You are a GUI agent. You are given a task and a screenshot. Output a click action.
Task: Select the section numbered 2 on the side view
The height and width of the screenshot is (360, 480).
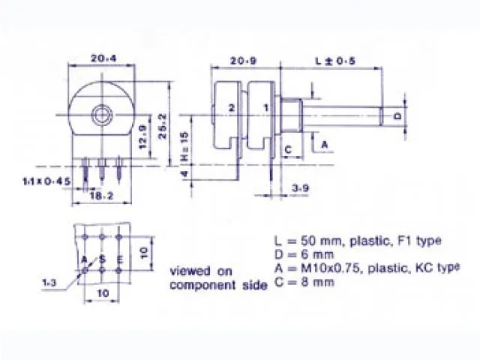(231, 108)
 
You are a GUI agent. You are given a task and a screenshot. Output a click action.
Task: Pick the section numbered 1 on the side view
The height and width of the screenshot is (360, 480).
(265, 108)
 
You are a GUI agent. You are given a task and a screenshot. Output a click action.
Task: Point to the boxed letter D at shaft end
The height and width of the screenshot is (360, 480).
(397, 116)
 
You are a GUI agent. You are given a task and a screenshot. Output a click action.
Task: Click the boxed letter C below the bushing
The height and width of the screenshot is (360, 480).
(287, 148)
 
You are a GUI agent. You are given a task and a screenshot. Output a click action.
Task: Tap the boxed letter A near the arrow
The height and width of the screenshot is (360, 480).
(324, 142)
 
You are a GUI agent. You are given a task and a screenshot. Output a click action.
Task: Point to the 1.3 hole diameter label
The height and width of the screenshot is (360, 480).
(50, 283)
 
